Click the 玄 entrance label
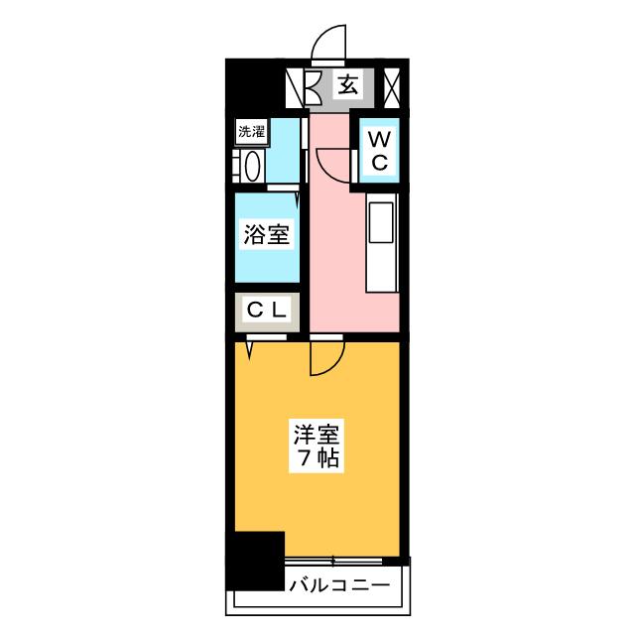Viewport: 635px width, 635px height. point(348,85)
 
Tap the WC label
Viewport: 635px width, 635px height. point(379,151)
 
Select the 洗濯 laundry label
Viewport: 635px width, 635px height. point(251,131)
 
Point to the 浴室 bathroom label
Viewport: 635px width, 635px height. point(267,234)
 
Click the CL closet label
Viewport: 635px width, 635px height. point(267,311)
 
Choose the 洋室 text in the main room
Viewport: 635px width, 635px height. point(317,434)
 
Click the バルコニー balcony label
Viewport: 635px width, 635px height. point(339,584)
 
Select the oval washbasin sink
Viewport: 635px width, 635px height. point(253,167)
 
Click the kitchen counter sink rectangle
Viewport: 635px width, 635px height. point(381,222)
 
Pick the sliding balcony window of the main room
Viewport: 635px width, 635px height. point(333,561)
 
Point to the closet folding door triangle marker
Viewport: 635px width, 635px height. point(249,350)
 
